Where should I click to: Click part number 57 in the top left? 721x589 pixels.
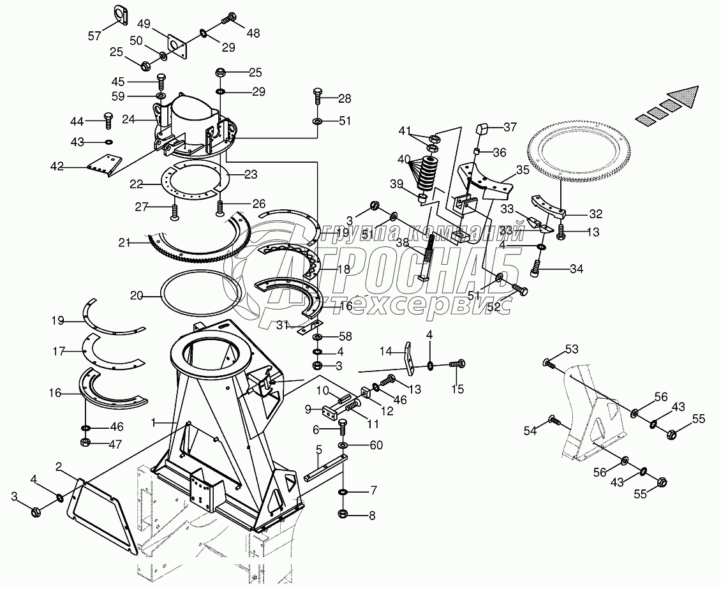click(x=94, y=36)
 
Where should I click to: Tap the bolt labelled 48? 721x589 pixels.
click(x=228, y=21)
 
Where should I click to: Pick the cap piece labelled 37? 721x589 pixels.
click(x=481, y=130)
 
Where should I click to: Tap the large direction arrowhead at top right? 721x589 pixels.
click(x=683, y=98)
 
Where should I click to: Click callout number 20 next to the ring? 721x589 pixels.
click(x=136, y=295)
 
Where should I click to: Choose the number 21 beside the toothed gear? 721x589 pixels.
click(x=124, y=242)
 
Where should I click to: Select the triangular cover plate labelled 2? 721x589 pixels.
click(x=102, y=511)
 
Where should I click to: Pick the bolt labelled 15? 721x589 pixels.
click(x=457, y=365)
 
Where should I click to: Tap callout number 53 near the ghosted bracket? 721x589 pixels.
click(x=571, y=348)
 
